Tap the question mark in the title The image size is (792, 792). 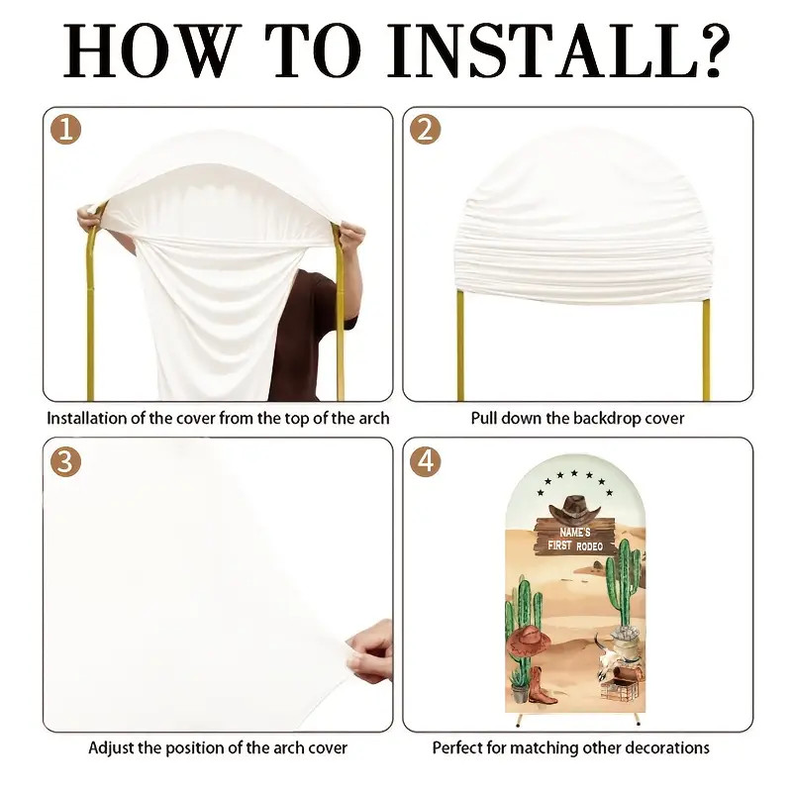(x=717, y=50)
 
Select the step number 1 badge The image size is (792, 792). (x=65, y=130)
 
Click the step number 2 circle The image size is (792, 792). (x=426, y=130)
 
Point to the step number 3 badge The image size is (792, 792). (x=65, y=461)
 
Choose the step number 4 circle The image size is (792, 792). (x=426, y=461)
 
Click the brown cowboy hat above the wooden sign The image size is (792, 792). (x=575, y=509)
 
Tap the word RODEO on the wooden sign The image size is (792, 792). (x=589, y=546)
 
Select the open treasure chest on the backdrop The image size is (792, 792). (x=621, y=683)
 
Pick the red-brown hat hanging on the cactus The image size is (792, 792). (x=529, y=642)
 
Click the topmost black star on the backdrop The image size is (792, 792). (x=574, y=473)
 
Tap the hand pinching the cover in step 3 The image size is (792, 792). (x=369, y=651)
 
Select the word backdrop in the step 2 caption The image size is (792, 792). (x=604, y=418)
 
